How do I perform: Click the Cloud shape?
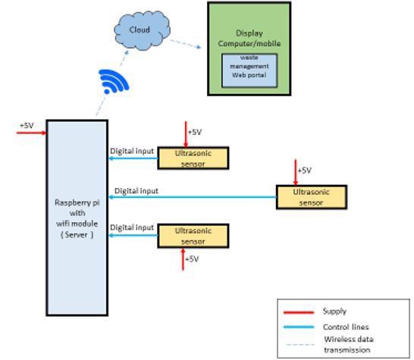[139, 31]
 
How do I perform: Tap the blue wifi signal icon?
[114, 80]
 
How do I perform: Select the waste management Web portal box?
[249, 67]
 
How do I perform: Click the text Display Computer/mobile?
[249, 38]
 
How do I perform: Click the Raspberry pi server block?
[77, 217]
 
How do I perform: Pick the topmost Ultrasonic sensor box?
[193, 158]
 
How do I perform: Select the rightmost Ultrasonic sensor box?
[311, 197]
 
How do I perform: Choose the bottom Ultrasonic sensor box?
[193, 236]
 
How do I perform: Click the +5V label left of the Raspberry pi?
[27, 125]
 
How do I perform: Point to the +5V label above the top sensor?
[195, 132]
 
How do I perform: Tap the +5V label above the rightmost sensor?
[304, 171]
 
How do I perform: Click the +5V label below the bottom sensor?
[192, 259]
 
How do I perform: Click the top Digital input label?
[132, 151]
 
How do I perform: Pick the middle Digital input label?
[136, 191]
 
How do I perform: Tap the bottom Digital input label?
[132, 227]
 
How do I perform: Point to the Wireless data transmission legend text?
[348, 345]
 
